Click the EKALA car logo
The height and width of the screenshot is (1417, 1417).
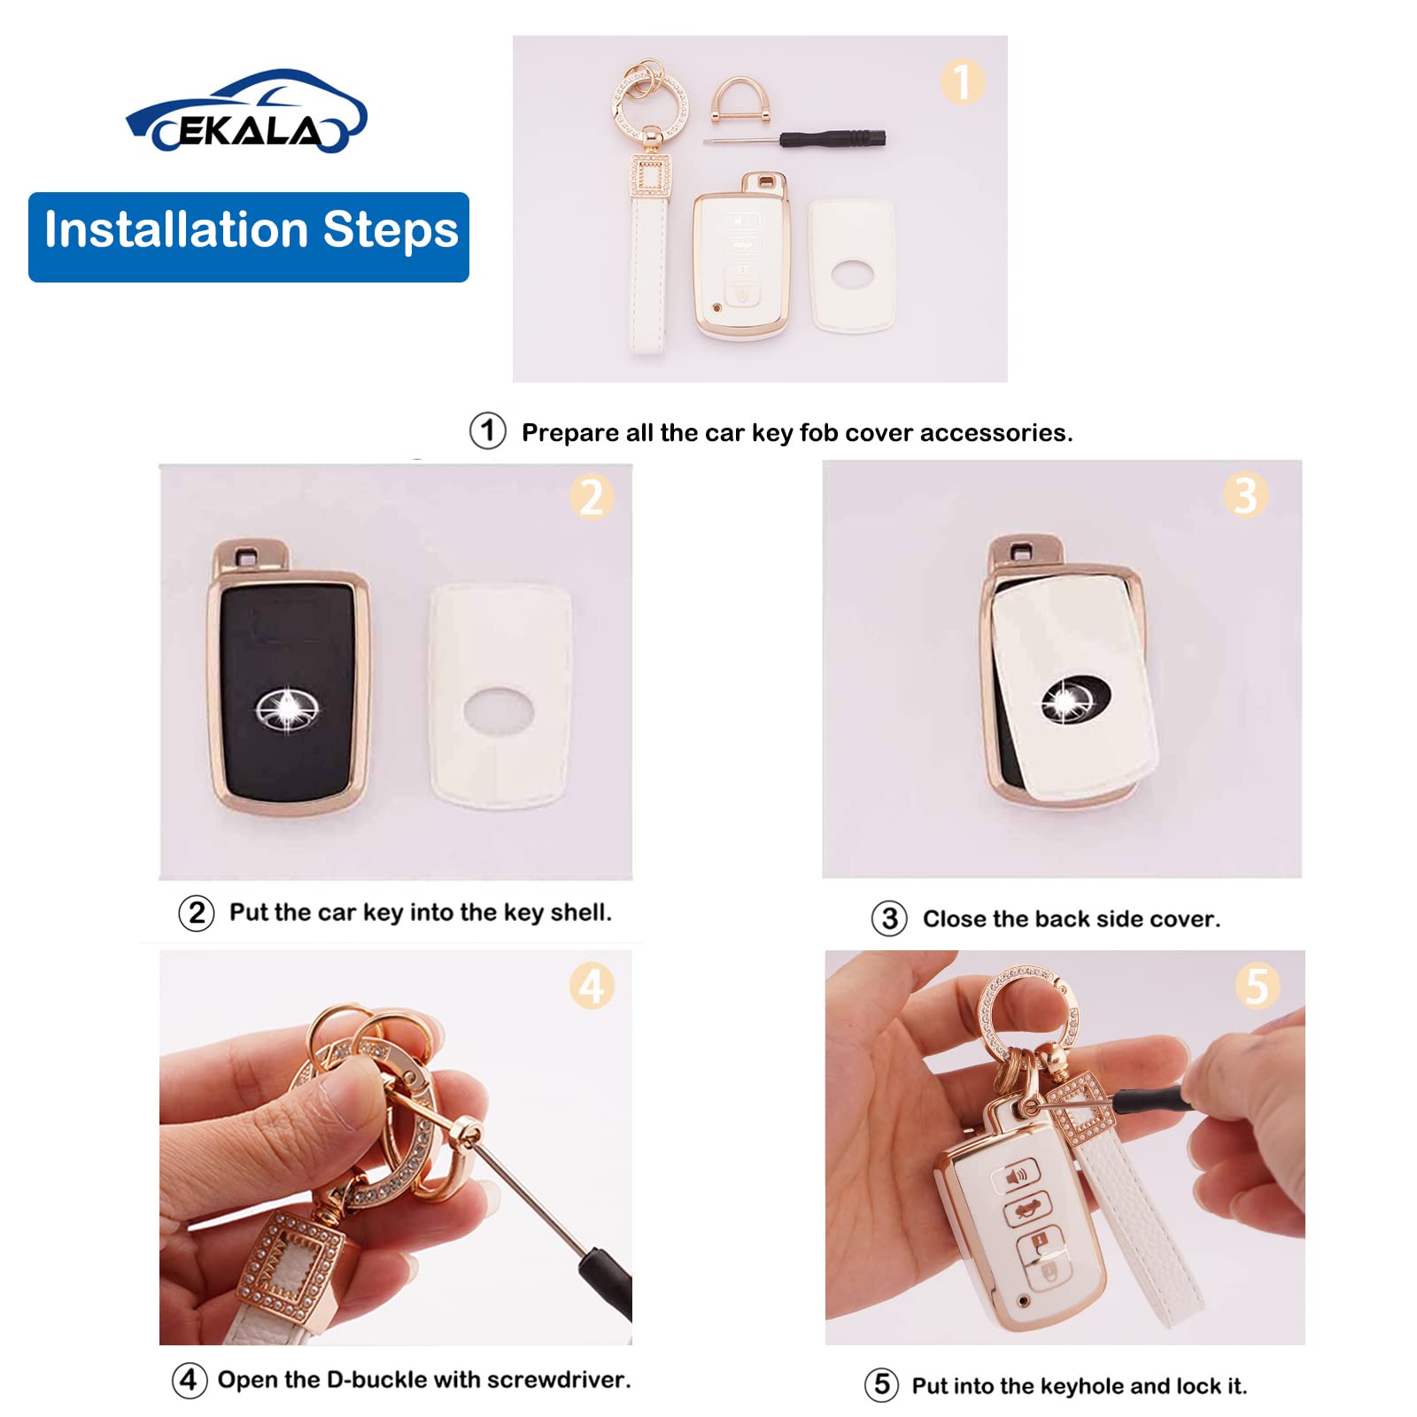coord(247,112)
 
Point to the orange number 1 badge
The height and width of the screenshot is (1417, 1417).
coord(962,81)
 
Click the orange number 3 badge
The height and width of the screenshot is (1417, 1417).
coord(1245,495)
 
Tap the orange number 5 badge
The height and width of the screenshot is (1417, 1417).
coord(1258,986)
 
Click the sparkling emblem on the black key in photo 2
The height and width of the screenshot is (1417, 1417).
coord(287,709)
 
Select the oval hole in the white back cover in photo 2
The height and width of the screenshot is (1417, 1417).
coord(499,711)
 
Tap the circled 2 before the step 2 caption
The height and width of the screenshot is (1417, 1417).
coord(197,912)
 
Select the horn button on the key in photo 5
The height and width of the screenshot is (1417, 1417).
coord(1017,1178)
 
